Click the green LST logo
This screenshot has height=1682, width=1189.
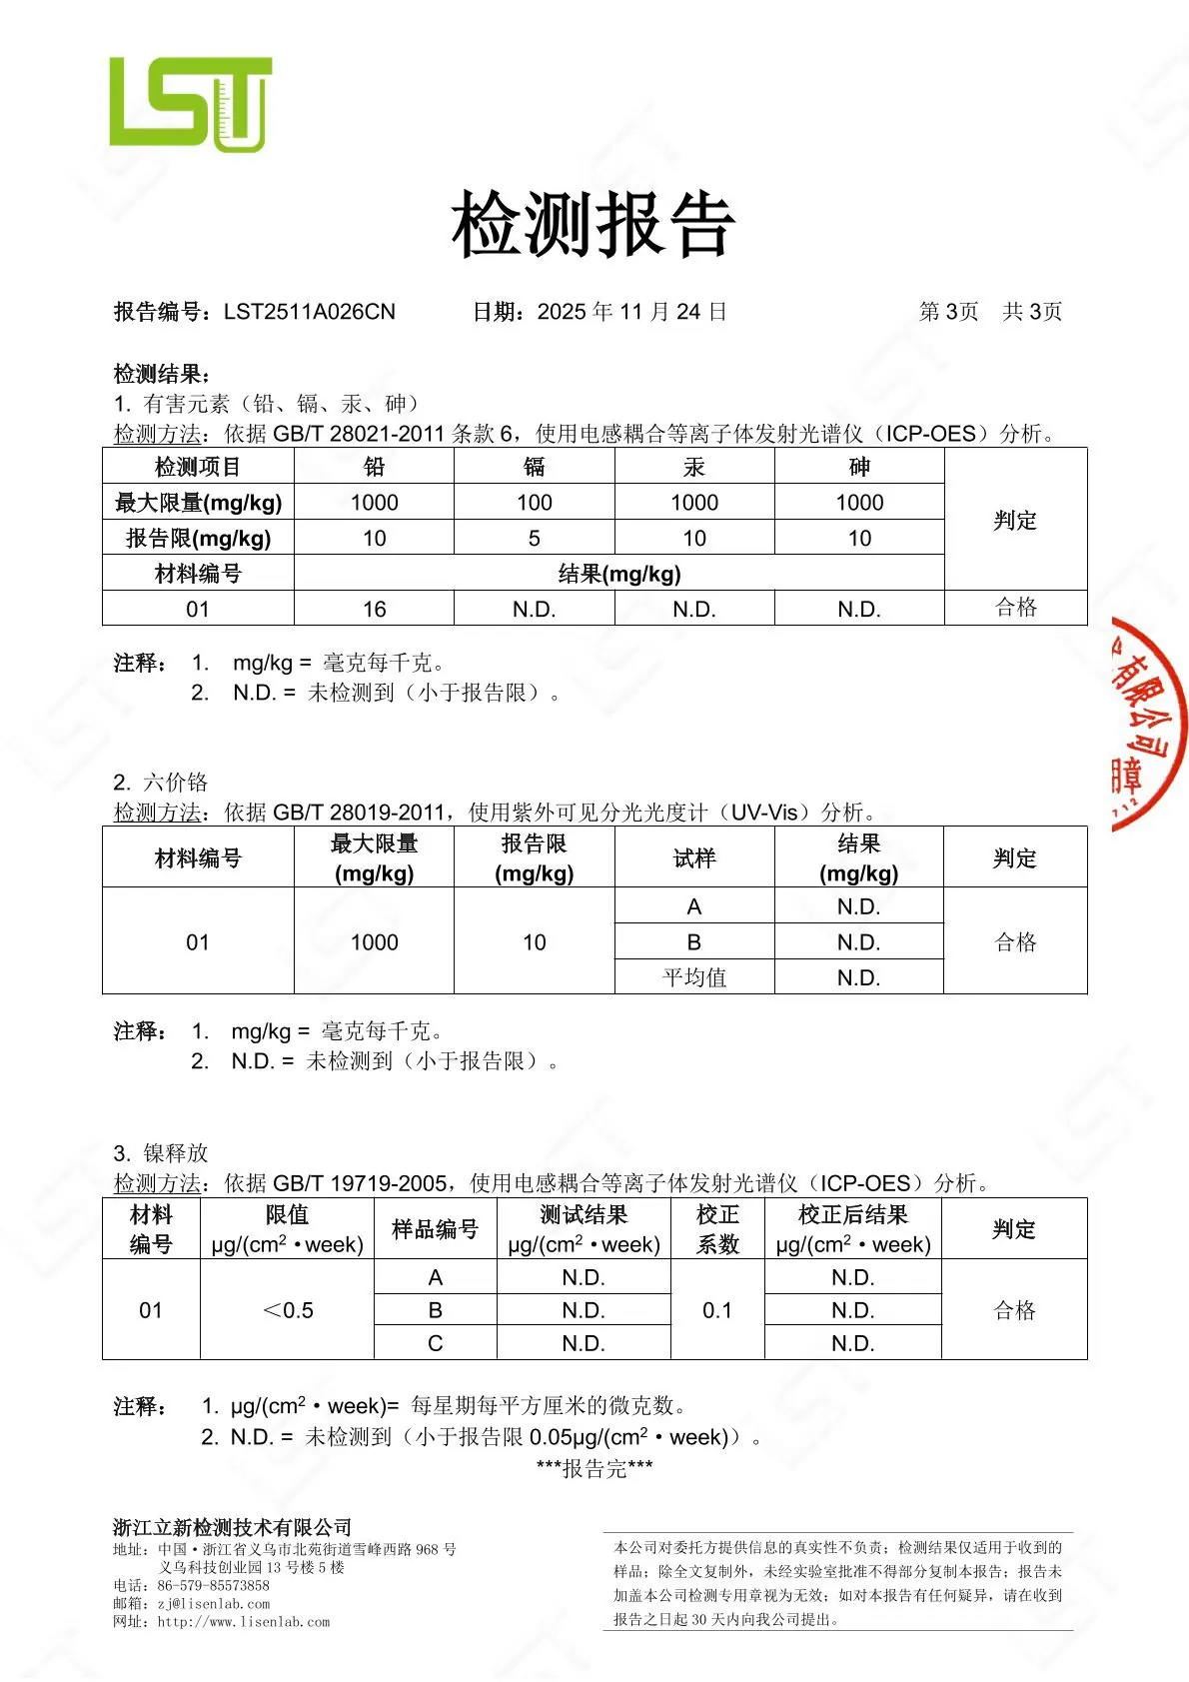(x=190, y=103)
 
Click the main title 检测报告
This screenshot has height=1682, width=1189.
(x=594, y=224)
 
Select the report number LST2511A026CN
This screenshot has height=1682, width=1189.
(x=310, y=312)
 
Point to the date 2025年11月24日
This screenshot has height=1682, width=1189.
(x=631, y=312)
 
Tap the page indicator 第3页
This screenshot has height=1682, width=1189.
(x=948, y=312)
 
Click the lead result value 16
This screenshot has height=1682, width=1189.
(x=374, y=609)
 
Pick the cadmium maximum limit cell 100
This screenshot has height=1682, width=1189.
(x=534, y=502)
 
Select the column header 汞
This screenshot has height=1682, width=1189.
(x=693, y=467)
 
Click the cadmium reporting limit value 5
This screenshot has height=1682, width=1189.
(x=534, y=538)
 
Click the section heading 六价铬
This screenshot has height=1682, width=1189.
(x=175, y=782)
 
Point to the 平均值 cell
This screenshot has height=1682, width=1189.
(x=693, y=977)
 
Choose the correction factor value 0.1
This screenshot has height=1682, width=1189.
(x=716, y=1310)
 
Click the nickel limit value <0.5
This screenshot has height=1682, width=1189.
(x=287, y=1310)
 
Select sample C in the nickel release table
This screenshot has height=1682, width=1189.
(x=435, y=1343)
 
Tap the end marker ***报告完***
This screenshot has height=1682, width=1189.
(x=594, y=1468)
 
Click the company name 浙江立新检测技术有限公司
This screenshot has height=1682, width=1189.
(x=232, y=1527)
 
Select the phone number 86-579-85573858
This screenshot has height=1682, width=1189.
(x=213, y=1585)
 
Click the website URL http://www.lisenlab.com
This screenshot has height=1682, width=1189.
(x=243, y=1622)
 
